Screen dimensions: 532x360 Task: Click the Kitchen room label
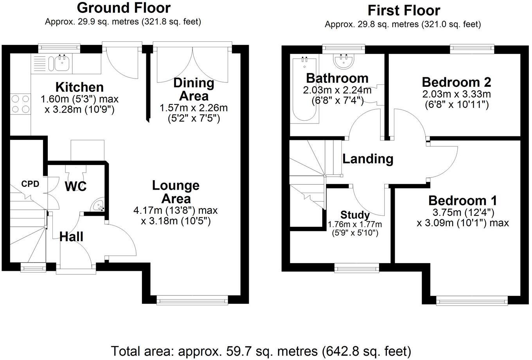(79, 87)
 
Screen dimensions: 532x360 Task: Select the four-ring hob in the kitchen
(20, 104)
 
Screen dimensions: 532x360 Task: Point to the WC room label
(76, 186)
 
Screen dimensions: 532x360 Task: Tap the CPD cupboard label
(30, 184)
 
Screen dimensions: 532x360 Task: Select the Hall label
(71, 237)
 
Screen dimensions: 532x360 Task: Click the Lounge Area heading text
(176, 192)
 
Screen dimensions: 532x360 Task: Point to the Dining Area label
(194, 90)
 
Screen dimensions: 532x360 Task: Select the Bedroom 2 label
(457, 82)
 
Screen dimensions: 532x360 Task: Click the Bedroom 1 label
(463, 201)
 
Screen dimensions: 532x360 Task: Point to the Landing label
(368, 159)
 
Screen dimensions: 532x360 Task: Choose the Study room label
(355, 215)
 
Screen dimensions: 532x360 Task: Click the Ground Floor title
(124, 8)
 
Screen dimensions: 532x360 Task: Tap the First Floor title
(404, 11)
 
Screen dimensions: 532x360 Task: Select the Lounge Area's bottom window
(192, 301)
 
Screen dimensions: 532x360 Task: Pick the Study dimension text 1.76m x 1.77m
(355, 224)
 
